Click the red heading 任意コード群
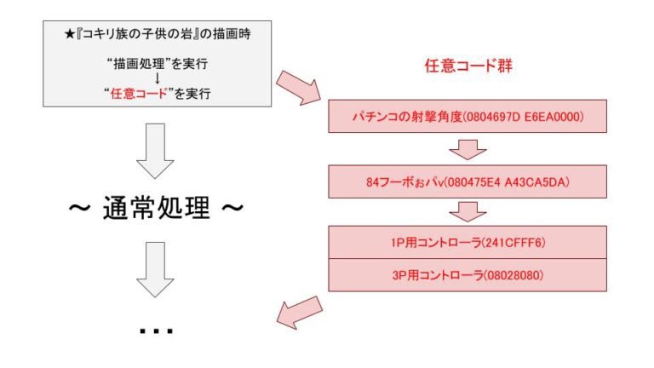tap(468, 65)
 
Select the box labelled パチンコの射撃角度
tap(467, 115)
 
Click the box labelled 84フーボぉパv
tap(467, 181)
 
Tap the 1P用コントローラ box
tap(467, 243)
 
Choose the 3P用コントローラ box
tap(467, 276)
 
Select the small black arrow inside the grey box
tap(156, 78)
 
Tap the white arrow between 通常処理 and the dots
tap(156, 269)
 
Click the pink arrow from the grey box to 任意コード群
tap(297, 88)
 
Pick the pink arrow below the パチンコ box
tap(467, 149)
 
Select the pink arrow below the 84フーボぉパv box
tap(467, 210)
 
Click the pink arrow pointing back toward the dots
tap(298, 311)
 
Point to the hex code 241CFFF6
tap(512, 243)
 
